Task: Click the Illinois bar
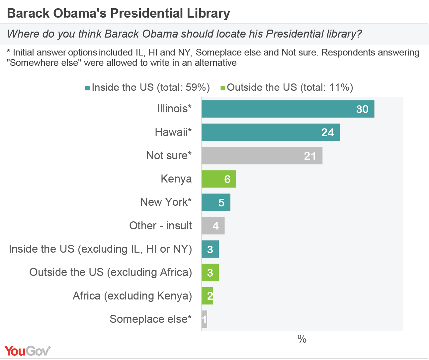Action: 288,109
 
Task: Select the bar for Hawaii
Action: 270,132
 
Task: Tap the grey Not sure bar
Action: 262,156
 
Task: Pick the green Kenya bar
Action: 218,179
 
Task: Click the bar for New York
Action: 215,202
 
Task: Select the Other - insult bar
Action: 213,226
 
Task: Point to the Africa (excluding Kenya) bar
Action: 207,296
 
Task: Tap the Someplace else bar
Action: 204,319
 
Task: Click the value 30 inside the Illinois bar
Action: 362,109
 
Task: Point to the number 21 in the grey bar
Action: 310,156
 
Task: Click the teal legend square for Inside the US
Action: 88,88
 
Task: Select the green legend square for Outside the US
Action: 223,88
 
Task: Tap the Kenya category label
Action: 176,179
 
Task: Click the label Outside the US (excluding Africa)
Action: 111,272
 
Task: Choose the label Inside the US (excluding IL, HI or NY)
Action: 100,249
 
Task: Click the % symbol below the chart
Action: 302,339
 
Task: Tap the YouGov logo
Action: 27,351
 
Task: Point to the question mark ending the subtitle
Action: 359,34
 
